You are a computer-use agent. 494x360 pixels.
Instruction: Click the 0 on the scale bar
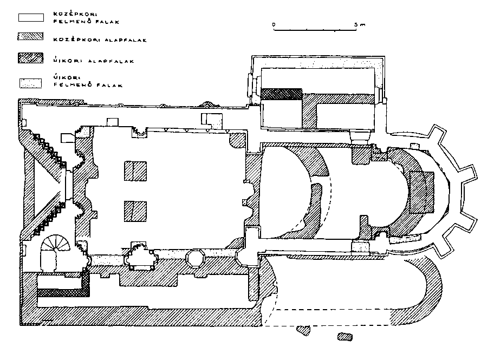[x=274, y=25]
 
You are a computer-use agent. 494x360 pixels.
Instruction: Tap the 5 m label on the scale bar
[x=361, y=25]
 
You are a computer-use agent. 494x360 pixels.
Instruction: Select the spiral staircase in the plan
[x=56, y=247]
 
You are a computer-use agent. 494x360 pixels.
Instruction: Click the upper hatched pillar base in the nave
[x=135, y=171]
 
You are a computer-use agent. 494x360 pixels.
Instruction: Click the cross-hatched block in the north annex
[x=281, y=94]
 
